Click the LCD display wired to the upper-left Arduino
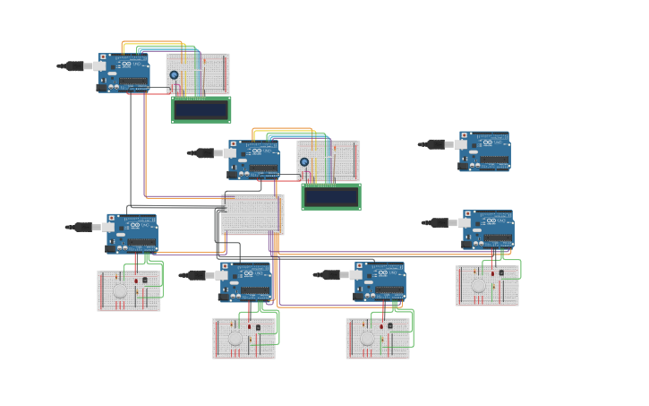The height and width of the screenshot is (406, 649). [x=201, y=109]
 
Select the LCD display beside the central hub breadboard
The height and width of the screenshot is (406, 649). [x=331, y=196]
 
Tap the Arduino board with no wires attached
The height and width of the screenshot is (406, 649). [x=484, y=151]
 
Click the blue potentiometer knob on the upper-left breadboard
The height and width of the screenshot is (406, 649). [x=174, y=75]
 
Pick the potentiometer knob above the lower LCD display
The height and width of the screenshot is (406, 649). [x=304, y=162]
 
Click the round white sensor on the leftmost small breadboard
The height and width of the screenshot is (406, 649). [x=120, y=291]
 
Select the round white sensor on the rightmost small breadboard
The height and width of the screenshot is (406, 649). [x=478, y=286]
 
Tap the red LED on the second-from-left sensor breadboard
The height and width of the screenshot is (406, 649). [x=250, y=327]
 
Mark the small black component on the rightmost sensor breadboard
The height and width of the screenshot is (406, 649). [x=501, y=272]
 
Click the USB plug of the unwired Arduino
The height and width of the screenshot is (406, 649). [x=436, y=143]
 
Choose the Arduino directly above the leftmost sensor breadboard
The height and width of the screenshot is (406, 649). [x=132, y=233]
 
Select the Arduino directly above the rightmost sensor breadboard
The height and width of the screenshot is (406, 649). [x=488, y=229]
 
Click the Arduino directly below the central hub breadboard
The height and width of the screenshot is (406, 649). [x=246, y=281]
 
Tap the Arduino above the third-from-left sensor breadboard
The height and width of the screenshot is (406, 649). [x=380, y=281]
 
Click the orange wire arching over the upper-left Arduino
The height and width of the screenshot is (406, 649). [x=152, y=42]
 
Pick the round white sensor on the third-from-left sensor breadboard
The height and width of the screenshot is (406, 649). [x=367, y=339]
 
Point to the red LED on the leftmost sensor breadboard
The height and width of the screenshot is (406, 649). [x=136, y=281]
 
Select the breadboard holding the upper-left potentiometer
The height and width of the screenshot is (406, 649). [x=198, y=73]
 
